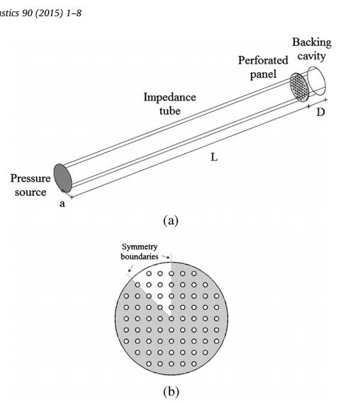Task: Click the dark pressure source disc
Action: click(x=62, y=178)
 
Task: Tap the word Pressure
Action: click(x=30, y=178)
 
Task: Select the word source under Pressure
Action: click(x=30, y=192)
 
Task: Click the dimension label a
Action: click(x=62, y=204)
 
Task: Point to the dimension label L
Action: click(x=214, y=157)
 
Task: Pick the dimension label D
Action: click(x=320, y=112)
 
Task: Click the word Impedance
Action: click(x=170, y=98)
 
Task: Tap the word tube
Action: click(x=170, y=111)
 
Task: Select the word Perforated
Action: click(x=263, y=60)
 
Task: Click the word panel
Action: click(x=263, y=74)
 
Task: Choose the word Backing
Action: click(x=312, y=42)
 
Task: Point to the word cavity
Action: click(x=312, y=56)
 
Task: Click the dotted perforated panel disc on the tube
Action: click(x=299, y=87)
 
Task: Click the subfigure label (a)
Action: click(x=171, y=221)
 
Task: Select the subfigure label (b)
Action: click(x=171, y=392)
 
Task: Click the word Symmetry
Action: click(x=140, y=247)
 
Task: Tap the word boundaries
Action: click(x=140, y=257)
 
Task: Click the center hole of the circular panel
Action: click(x=171, y=318)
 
